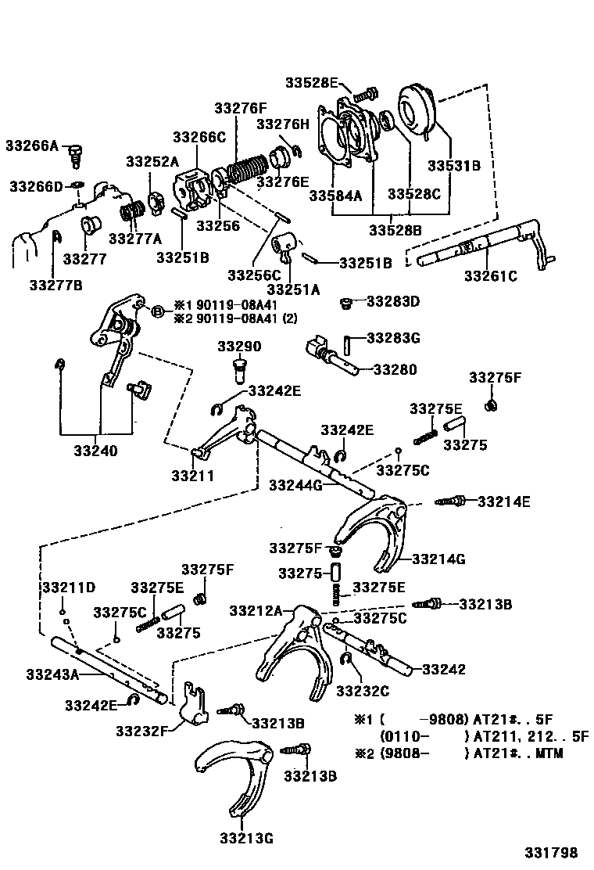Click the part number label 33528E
tap(310, 83)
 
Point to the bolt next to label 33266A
tap(76, 153)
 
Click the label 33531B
tap(453, 166)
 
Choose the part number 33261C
tap(491, 275)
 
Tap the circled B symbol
tap(156, 311)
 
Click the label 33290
tap(239, 347)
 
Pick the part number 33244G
tap(295, 485)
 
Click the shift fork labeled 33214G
tap(375, 532)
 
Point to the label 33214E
tap(504, 501)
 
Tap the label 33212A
tap(256, 610)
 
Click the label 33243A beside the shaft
tap(52, 674)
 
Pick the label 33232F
tap(141, 731)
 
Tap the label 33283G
tap(393, 338)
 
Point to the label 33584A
tap(336, 196)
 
